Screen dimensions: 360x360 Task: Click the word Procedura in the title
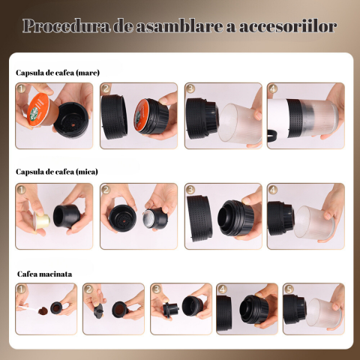point(66,25)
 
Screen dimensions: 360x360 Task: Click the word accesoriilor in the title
point(288,26)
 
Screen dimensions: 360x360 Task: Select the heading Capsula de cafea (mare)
point(58,73)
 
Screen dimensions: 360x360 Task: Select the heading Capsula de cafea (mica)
point(57,172)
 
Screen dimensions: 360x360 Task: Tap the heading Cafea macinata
point(44,274)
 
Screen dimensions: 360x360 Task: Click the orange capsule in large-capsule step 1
point(40,110)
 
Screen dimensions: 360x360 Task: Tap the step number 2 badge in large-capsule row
point(106,88)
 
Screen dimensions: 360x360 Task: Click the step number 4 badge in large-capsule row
point(273,88)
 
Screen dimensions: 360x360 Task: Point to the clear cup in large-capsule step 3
point(240,123)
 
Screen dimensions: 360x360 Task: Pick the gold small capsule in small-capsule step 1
point(41,220)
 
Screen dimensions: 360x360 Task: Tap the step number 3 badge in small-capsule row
point(190,190)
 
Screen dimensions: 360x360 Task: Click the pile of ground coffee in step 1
point(43,310)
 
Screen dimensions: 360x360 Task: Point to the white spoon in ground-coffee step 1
point(28,308)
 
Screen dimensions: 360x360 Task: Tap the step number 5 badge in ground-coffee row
point(289,289)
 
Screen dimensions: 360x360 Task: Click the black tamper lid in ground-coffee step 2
point(99,310)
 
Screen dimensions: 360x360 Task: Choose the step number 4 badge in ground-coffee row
point(222,289)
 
